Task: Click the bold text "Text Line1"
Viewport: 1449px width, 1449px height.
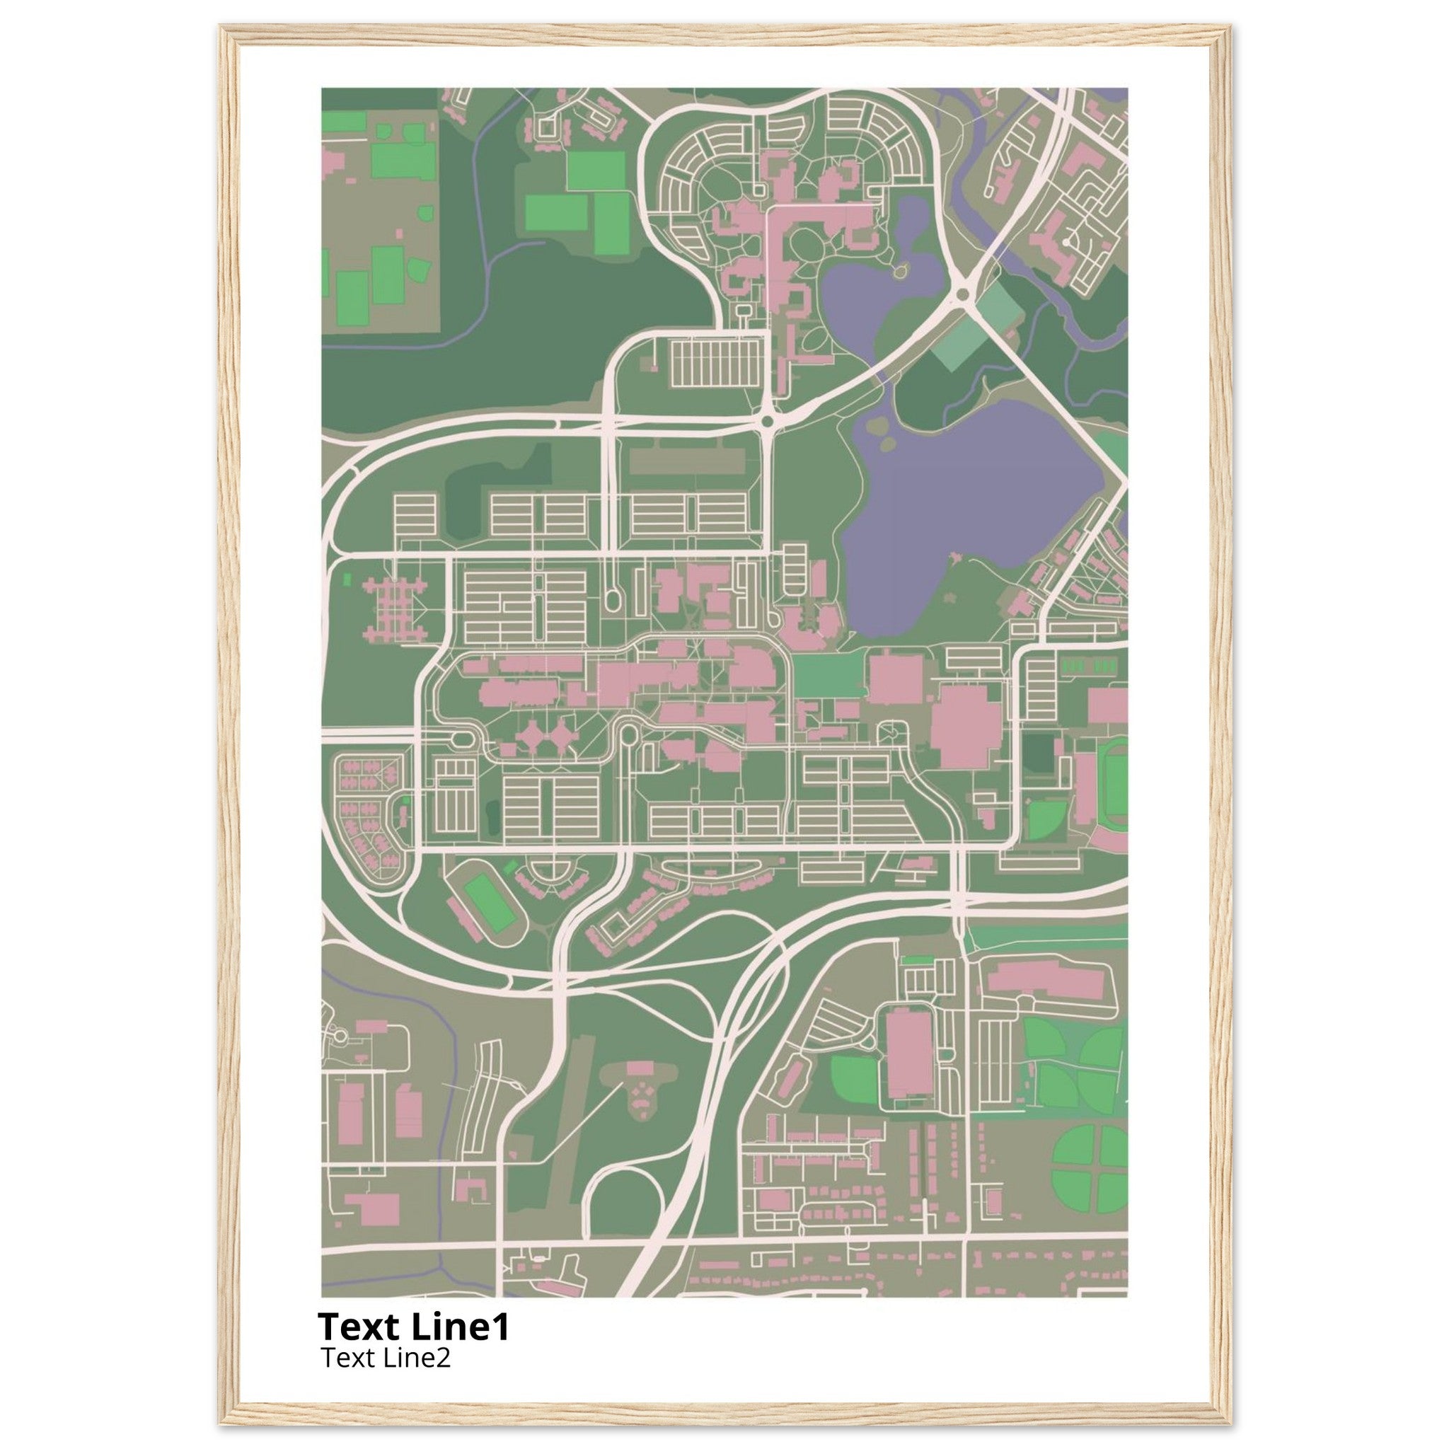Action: coord(413,1327)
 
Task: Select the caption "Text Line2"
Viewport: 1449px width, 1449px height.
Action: coord(386,1357)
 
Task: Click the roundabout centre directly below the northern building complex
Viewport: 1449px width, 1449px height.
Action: coord(766,423)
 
